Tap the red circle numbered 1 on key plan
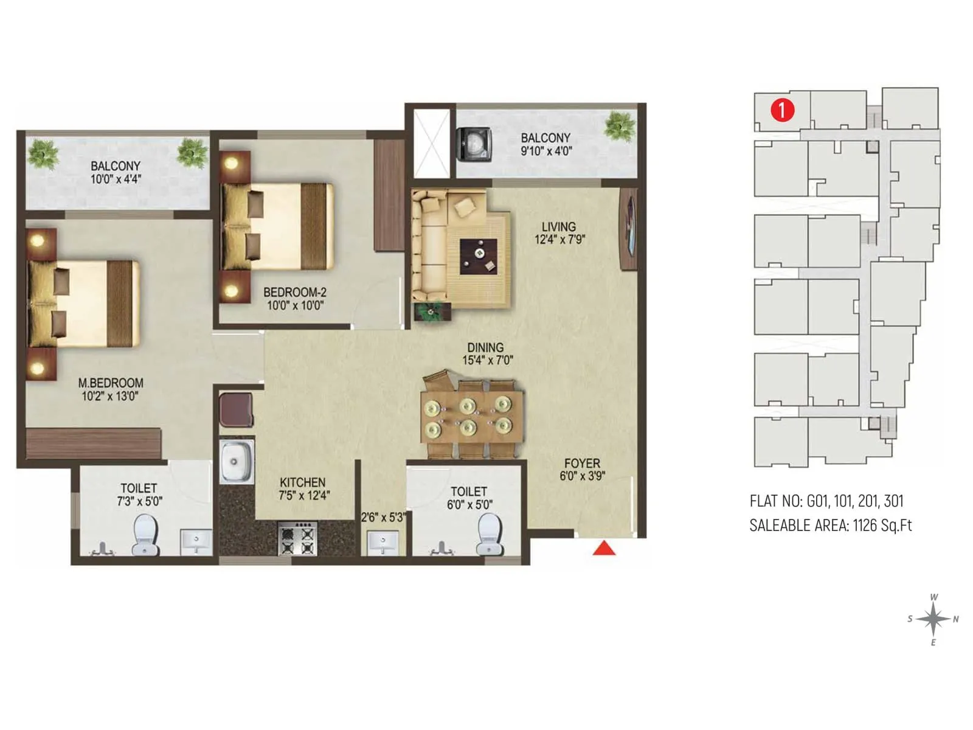(x=782, y=110)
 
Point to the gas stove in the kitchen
(x=298, y=538)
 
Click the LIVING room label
(x=558, y=226)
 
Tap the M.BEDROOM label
(x=111, y=383)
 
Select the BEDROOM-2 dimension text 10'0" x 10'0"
(x=295, y=305)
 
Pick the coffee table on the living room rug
(x=479, y=257)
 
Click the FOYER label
(x=582, y=464)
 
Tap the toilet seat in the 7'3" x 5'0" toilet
(x=145, y=535)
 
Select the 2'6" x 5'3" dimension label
(x=383, y=518)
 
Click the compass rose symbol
(x=933, y=620)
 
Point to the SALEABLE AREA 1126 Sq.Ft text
(x=830, y=525)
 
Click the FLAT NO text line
(x=826, y=501)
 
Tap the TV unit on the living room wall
(x=629, y=229)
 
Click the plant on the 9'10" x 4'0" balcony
(x=620, y=126)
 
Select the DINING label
(x=485, y=347)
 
